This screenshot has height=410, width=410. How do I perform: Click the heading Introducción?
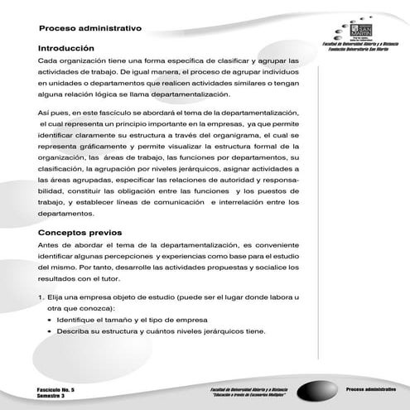[x=72, y=48]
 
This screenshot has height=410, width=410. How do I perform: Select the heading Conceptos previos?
[x=84, y=233]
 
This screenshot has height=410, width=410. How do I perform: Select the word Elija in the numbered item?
[x=60, y=297]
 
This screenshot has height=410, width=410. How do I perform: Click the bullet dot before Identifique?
[x=51, y=320]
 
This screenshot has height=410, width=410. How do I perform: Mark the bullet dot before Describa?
[x=51, y=331]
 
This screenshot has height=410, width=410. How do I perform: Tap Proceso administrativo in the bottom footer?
[x=370, y=388]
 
